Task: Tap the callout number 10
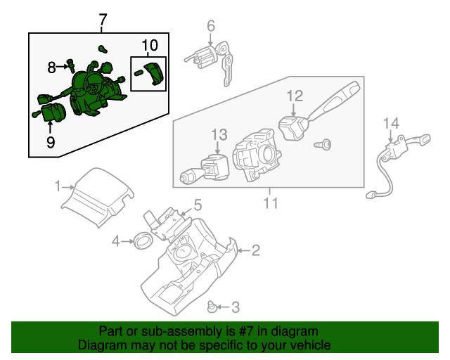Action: pos(149,47)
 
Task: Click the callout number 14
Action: pos(390,124)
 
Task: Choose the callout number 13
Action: pos(219,134)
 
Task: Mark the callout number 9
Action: pos(51,142)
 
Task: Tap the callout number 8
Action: pos(51,67)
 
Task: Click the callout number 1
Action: pos(58,186)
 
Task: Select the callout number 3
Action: pos(236,307)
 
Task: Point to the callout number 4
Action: pos(116,242)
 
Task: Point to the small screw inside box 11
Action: pos(325,144)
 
